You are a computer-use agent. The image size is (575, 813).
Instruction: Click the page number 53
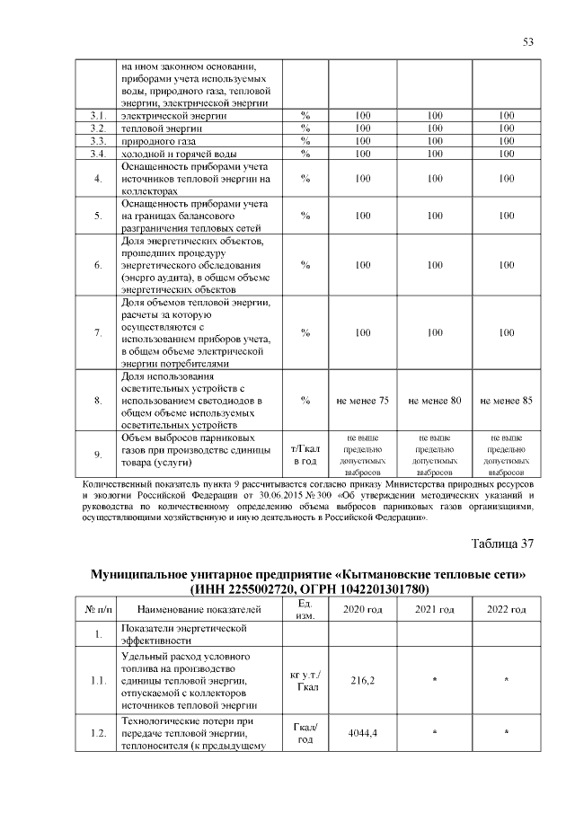pos(528,42)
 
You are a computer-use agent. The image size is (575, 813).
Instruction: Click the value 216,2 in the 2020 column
pos(363,681)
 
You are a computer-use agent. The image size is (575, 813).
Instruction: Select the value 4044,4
pos(363,734)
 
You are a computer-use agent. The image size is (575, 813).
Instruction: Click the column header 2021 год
pos(434,611)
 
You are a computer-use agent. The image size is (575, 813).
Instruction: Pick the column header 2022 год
pos(507,611)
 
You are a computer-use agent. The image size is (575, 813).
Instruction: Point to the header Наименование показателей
pos(199,611)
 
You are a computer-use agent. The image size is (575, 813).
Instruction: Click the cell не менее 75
pos(363,400)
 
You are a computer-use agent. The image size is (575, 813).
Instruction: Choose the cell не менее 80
pos(434,400)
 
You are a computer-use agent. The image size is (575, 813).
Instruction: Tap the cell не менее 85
pos(507,400)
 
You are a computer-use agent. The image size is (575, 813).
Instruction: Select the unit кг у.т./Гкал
pos(305,681)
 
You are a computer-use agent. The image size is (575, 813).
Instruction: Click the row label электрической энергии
pos(168,116)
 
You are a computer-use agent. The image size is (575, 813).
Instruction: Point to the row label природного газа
pos(157,141)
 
